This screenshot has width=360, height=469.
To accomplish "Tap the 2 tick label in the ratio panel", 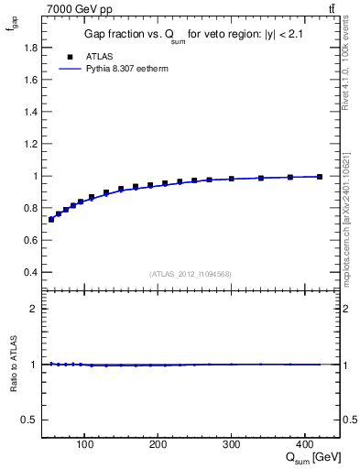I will pos(33,309).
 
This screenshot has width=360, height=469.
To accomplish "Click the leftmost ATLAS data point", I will pos(51,220).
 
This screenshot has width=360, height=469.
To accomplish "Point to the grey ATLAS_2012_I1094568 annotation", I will pos(191,274).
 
